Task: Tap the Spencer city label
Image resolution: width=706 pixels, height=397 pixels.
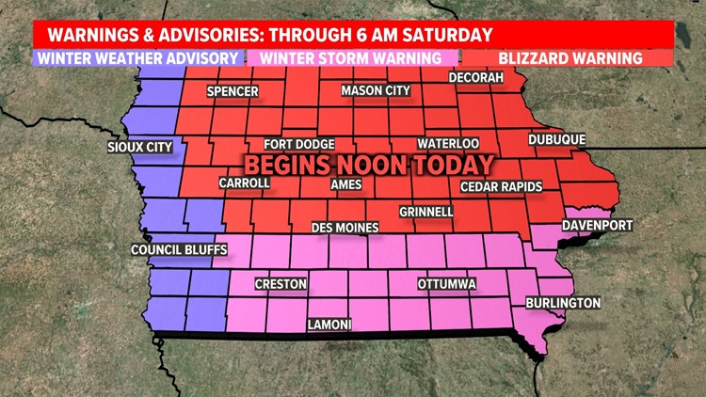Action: [231, 92]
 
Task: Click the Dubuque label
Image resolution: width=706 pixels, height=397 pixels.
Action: [556, 139]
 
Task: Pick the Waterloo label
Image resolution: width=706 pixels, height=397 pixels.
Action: [449, 143]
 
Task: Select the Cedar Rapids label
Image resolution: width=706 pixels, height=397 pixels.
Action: [501, 187]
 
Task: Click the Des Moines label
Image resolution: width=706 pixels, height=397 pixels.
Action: [345, 228]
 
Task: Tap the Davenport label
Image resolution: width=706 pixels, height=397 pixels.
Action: [597, 226]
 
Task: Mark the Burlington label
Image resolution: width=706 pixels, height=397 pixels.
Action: [562, 303]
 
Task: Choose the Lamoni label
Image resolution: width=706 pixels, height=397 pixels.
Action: [329, 325]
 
